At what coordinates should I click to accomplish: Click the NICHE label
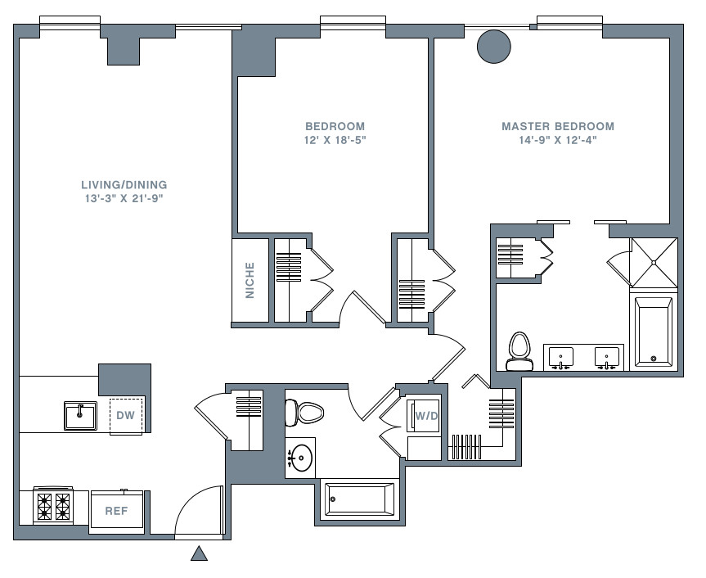point(250,280)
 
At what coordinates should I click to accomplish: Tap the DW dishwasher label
point(126,415)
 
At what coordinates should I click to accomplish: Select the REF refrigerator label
point(117,511)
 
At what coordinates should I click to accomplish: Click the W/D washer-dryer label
point(426,416)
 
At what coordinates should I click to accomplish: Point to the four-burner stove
point(53,505)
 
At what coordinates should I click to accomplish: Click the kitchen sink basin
point(80,416)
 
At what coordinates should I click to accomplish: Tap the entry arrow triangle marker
point(199,553)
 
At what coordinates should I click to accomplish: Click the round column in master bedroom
point(494,47)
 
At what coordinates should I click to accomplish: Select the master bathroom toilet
point(519,351)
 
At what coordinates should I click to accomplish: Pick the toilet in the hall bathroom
point(304,412)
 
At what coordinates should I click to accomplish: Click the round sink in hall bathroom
point(300,458)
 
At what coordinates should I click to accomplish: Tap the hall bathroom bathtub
point(359,499)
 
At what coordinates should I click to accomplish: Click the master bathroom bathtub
point(654,332)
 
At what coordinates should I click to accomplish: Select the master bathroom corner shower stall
point(654,263)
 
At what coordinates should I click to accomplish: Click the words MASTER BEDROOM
point(558,126)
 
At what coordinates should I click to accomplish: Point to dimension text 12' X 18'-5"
point(335,140)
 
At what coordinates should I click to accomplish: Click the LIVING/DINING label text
point(124,185)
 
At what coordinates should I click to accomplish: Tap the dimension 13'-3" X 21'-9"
point(124,198)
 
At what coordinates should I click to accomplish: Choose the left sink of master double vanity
point(560,358)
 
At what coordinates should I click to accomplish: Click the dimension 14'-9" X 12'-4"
point(558,140)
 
